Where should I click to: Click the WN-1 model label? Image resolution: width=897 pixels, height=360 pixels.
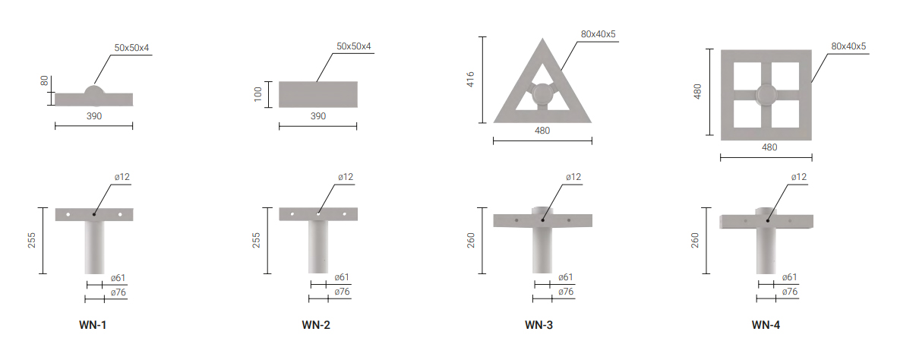pos(93,325)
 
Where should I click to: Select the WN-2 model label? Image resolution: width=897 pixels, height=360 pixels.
pos(316,325)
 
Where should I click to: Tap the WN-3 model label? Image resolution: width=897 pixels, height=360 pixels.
pos(539,325)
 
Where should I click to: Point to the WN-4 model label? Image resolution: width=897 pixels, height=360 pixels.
pos(766,325)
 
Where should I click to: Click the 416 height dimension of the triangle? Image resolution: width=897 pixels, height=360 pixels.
pos(470,80)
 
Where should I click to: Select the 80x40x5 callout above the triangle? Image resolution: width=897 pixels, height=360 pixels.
pos(598,34)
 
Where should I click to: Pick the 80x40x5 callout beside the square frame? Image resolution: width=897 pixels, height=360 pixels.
pos(848,46)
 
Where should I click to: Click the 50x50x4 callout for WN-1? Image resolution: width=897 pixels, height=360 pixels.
pos(131,48)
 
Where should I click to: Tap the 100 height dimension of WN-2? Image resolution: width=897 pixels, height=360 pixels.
pos(258,94)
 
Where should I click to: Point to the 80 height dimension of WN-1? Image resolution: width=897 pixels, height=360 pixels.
pos(45,81)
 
